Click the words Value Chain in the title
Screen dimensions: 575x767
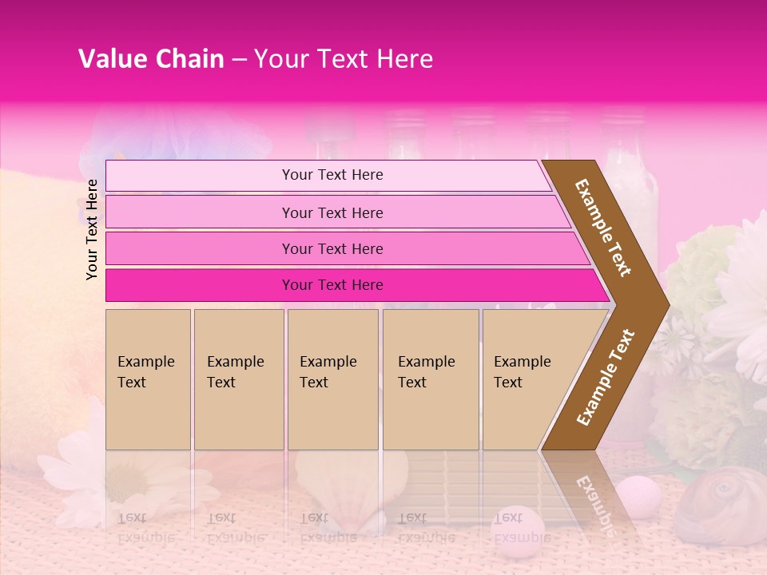pyautogui.click(x=151, y=59)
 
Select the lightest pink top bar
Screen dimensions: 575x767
pyautogui.click(x=328, y=176)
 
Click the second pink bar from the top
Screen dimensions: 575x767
pyautogui.click(x=336, y=212)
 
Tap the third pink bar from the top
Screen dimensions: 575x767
pyautogui.click(x=344, y=248)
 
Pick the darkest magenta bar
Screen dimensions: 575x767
pyautogui.click(x=352, y=285)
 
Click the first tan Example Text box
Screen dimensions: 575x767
pyautogui.click(x=148, y=379)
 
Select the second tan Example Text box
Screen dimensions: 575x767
pyautogui.click(x=238, y=379)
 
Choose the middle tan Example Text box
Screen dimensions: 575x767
pyautogui.click(x=332, y=379)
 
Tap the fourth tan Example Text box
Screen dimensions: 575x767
pyautogui.click(x=431, y=379)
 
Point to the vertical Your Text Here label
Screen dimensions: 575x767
pyautogui.click(x=92, y=229)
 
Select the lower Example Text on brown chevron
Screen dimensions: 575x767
pyautogui.click(x=606, y=377)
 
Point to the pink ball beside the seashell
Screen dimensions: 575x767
pyautogui.click(x=640, y=492)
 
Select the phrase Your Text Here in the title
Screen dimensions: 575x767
pyautogui.click(x=343, y=59)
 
